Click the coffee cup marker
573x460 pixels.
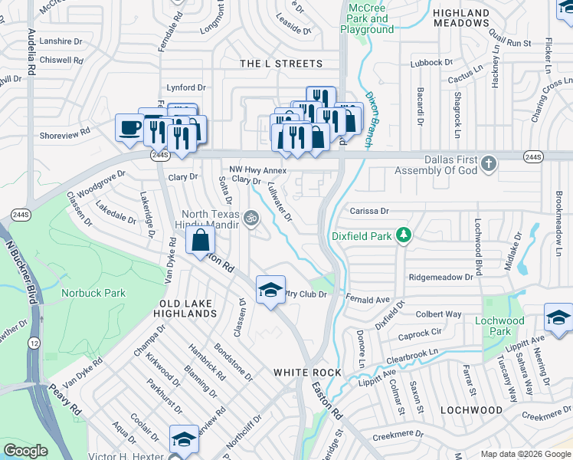(x=129, y=127)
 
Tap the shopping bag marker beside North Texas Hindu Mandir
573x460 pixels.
(x=200, y=240)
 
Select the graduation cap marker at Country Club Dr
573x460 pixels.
(x=270, y=290)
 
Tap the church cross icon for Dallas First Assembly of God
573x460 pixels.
(x=489, y=163)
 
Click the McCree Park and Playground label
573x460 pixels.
(x=371, y=18)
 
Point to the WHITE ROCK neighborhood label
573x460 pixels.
(x=307, y=372)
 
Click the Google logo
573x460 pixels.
(x=26, y=451)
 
